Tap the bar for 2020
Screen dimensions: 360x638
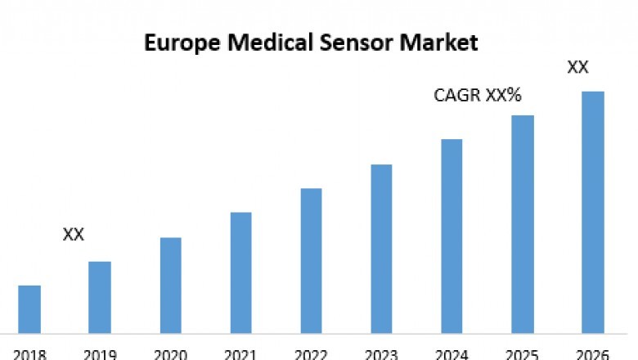click(170, 286)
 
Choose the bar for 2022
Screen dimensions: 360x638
click(311, 261)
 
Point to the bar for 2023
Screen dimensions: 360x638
click(381, 249)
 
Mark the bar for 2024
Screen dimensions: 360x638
click(452, 236)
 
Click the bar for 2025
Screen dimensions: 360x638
click(523, 224)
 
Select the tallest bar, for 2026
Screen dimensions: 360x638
click(592, 212)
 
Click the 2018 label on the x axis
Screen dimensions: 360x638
click(29, 354)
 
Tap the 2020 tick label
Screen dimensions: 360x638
click(170, 354)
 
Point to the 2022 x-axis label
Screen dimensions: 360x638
click(311, 354)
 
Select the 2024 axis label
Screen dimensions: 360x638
click(452, 354)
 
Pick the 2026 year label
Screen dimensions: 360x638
click(592, 354)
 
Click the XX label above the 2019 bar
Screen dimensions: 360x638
click(74, 235)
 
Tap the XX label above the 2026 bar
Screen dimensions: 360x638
click(578, 67)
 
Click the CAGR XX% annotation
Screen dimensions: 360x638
click(478, 96)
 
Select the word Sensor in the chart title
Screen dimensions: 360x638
click(371, 42)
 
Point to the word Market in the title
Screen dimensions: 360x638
click(448, 42)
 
